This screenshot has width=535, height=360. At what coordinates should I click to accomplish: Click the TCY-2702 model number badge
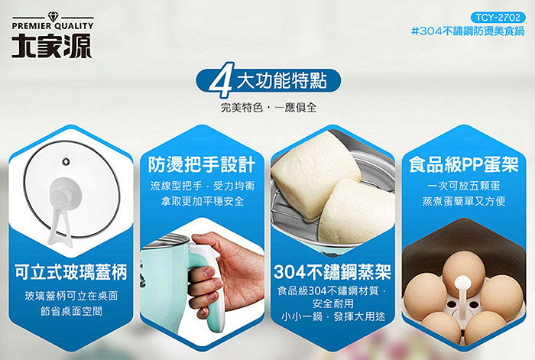point(498,18)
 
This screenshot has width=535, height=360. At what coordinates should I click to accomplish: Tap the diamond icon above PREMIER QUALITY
point(53,16)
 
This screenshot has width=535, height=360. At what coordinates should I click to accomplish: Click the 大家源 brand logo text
point(52,45)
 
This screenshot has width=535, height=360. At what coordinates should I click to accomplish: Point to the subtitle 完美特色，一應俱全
point(268,108)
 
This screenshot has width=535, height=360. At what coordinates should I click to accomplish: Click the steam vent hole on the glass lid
point(66,161)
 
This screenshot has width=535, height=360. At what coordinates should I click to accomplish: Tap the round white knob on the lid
point(65,194)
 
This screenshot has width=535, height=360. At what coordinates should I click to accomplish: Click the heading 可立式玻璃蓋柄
point(70,272)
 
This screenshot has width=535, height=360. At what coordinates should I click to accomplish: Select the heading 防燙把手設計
point(202,164)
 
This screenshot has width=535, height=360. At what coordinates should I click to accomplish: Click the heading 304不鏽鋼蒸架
point(332,272)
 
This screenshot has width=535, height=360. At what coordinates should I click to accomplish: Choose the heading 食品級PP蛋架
point(464,164)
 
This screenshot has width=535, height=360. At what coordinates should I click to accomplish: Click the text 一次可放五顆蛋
point(464,186)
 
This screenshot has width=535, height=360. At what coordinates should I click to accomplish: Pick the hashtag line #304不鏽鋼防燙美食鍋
point(468,31)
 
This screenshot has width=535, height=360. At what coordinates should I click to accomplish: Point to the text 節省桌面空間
point(71,311)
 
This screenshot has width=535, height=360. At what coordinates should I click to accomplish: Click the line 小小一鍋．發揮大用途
point(333,316)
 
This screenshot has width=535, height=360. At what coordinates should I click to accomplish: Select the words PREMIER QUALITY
point(53,26)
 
